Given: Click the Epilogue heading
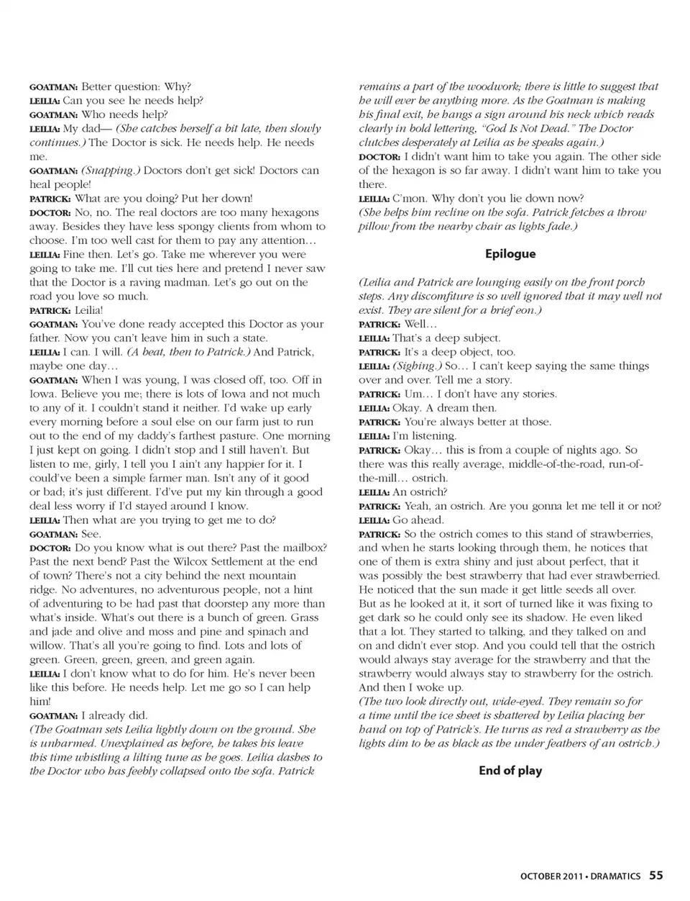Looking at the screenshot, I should (510, 254).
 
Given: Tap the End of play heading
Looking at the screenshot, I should (510, 771).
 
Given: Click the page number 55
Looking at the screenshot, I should (656, 876).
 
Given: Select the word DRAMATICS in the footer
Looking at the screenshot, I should (615, 877).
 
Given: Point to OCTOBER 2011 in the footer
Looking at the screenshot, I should (551, 877).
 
